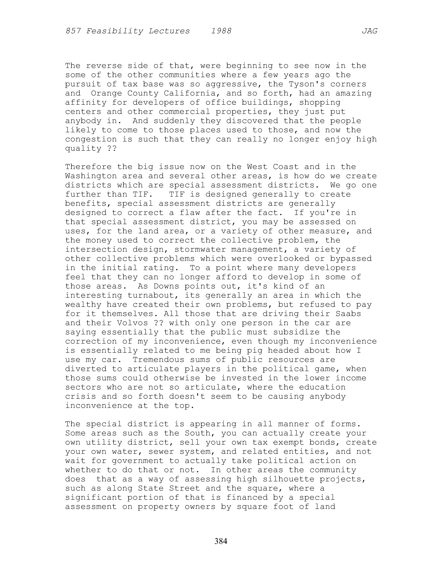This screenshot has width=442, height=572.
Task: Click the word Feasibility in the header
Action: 114,31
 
